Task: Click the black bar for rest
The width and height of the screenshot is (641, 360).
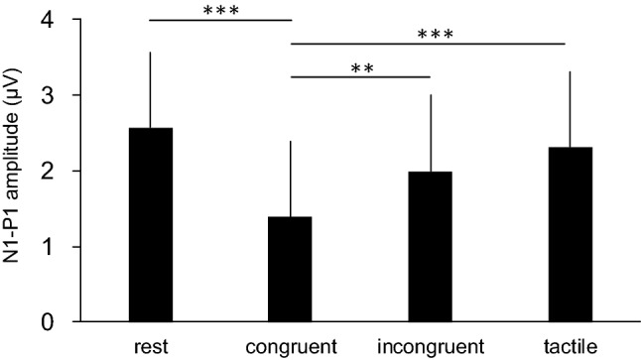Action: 150,225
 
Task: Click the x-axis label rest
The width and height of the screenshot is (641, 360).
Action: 150,347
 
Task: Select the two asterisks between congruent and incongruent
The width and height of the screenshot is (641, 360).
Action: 360,69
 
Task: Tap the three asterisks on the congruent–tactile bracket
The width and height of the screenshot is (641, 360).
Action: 429,35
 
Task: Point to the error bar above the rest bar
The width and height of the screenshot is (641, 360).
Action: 150,89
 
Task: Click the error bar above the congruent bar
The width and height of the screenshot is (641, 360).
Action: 290,179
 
